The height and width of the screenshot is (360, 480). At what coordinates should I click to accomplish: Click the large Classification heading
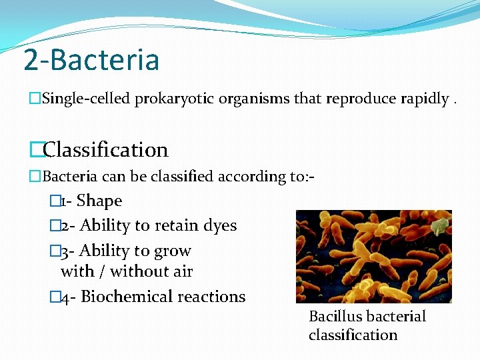[x=105, y=149]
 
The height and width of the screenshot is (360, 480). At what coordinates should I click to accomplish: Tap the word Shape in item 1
[x=99, y=201]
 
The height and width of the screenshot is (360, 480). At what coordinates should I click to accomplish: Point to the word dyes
[x=220, y=225]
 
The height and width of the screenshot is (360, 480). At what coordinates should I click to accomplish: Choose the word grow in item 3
[x=173, y=251]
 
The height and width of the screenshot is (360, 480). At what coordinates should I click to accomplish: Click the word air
[x=181, y=271]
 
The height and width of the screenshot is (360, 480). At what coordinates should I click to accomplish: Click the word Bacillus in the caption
[x=335, y=316]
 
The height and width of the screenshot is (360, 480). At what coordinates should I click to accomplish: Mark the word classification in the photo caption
[x=353, y=335]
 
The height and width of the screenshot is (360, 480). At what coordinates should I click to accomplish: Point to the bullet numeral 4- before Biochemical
[x=67, y=297]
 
